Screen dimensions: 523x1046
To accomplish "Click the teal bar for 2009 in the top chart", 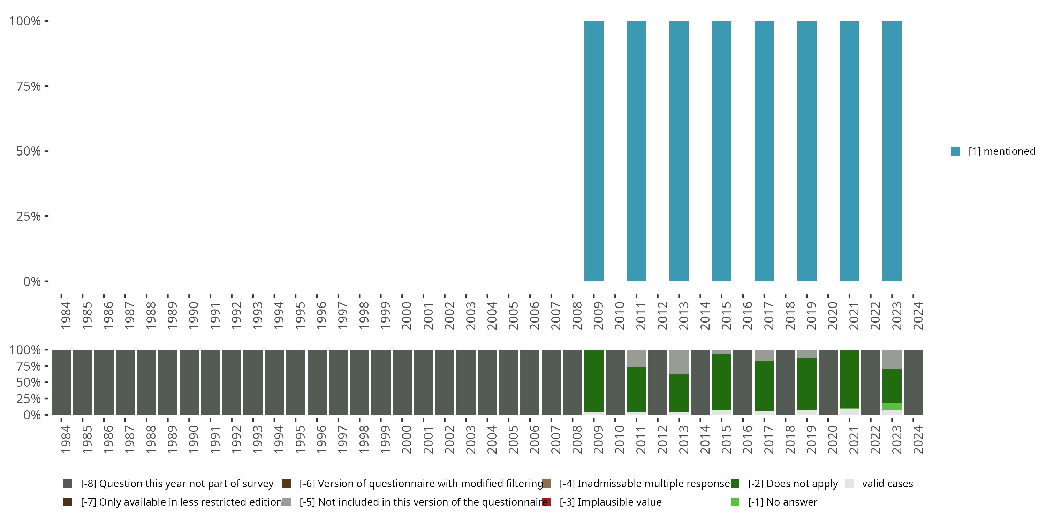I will pos(594,151).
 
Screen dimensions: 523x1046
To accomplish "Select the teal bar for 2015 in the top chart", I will pos(721,151).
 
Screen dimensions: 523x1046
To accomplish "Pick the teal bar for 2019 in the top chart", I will pos(806,151).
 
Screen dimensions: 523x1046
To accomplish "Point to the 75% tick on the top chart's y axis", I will pos(46,86).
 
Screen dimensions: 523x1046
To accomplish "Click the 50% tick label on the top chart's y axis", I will pos(29,151).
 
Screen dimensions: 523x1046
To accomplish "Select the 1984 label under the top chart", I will pos(66,316).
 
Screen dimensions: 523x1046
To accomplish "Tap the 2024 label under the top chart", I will pos(918,316).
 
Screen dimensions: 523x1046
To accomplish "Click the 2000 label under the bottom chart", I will pos(407,439).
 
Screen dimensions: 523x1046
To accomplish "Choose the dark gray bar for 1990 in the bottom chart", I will pos(189,382).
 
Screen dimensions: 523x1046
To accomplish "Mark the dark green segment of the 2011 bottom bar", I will pos(636,389).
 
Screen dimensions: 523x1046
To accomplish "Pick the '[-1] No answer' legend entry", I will pos(782,502).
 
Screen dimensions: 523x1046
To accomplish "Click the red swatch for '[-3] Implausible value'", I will pos(547,502).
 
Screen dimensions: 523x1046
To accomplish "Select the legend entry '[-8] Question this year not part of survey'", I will pos(177,484).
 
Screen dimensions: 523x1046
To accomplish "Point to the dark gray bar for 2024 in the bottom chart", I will pos(913,382).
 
